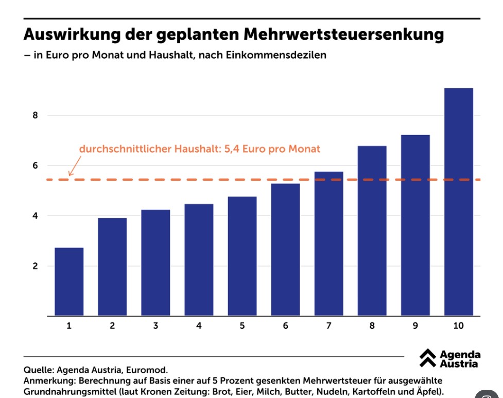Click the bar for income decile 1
click(x=69, y=281)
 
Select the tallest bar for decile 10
click(x=458, y=202)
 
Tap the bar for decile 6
click(x=285, y=250)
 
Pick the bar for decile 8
click(x=372, y=231)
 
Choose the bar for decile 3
click(x=155, y=262)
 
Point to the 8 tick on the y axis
click(x=35, y=115)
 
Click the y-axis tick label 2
click(x=35, y=267)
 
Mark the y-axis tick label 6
click(x=35, y=165)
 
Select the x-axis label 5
click(x=242, y=326)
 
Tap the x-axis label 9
click(x=415, y=326)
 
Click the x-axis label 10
click(x=458, y=326)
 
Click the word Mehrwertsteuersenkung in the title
click(x=343, y=35)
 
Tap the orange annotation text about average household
click(x=199, y=149)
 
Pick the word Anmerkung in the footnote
click(x=47, y=380)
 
